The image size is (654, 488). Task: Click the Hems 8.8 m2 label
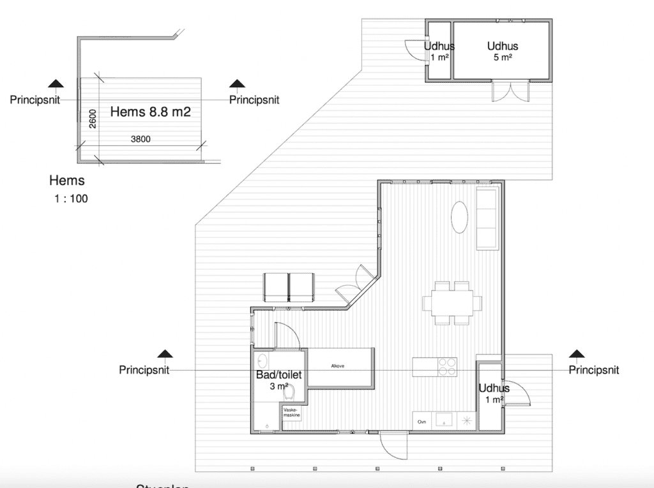(151, 112)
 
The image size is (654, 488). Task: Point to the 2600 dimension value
(93, 119)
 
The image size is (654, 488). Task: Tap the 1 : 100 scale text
(71, 198)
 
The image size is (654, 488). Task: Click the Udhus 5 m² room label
(502, 50)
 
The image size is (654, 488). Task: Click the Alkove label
(338, 366)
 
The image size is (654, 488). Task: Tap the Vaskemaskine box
(291, 413)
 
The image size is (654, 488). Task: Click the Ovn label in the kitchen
(422, 422)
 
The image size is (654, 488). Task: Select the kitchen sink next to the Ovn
(443, 420)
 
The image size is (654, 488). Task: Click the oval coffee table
(461, 218)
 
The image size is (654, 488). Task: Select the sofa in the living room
(488, 219)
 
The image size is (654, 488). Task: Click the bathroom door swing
(285, 335)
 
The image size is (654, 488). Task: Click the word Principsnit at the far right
(593, 370)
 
